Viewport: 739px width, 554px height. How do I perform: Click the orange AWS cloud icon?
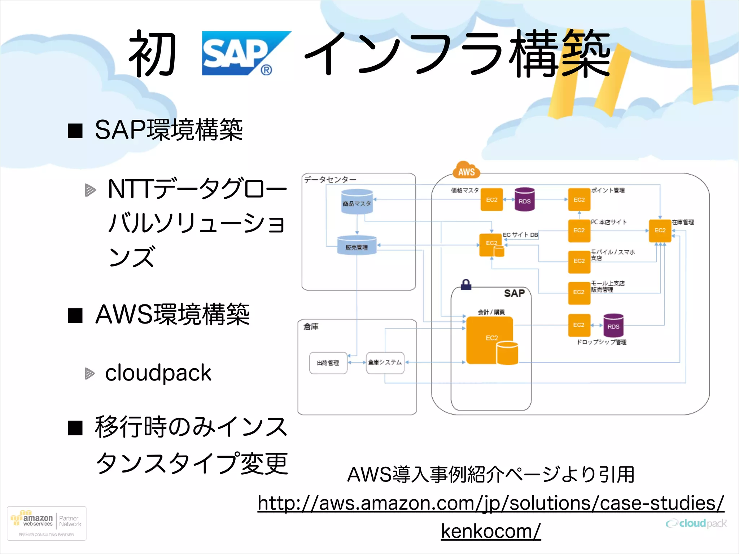[466, 171]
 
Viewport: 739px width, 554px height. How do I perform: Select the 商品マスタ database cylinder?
[357, 202]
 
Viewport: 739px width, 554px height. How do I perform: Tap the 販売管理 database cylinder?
[357, 245]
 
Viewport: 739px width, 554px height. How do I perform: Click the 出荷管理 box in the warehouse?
[328, 363]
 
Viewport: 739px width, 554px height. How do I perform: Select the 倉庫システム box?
[385, 362]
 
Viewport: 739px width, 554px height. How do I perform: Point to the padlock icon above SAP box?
[466, 285]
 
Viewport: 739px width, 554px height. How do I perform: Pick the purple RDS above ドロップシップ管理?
[613, 325]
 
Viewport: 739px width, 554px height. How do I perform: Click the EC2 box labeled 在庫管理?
[660, 230]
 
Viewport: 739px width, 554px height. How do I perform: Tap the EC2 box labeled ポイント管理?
[579, 199]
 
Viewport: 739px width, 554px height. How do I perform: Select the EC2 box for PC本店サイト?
[579, 230]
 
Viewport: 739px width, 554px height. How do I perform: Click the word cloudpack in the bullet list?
[158, 373]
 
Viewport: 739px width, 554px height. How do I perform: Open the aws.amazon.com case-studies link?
[491, 503]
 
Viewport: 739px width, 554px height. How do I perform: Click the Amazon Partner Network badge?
[47, 523]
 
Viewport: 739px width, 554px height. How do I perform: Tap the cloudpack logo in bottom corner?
[696, 523]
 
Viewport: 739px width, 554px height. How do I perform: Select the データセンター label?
[330, 180]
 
